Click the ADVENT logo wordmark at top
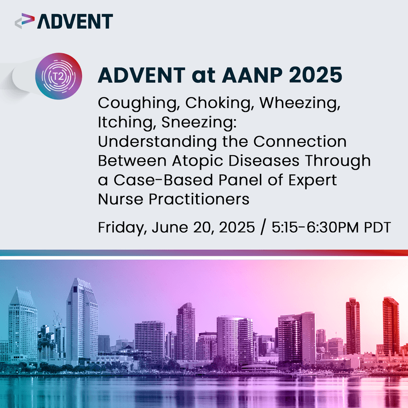point(75,21)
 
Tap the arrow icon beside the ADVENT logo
point(25,21)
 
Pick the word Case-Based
point(154,180)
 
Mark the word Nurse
point(117,200)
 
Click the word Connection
point(300,142)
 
